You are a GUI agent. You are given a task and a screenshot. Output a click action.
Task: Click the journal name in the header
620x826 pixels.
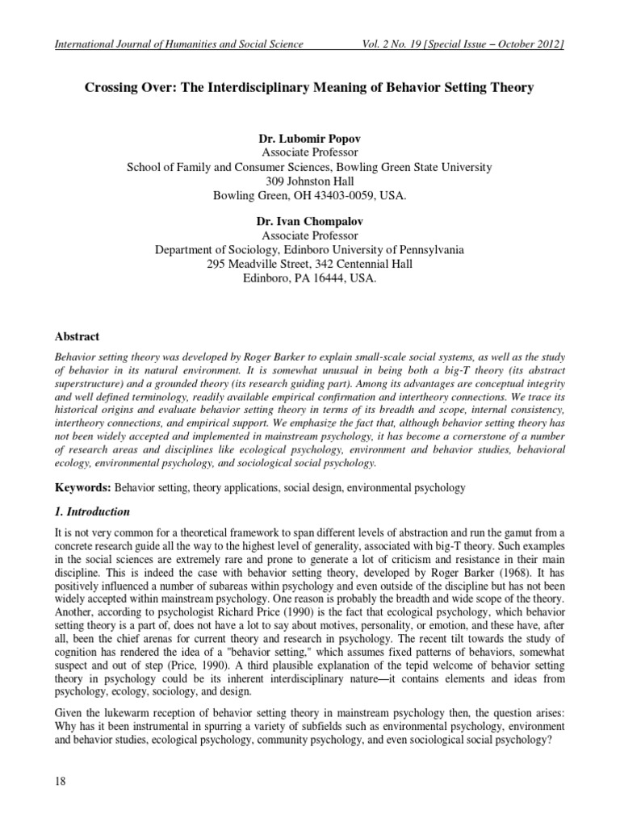click(178, 44)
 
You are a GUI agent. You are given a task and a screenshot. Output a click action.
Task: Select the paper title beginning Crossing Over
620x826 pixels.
click(309, 88)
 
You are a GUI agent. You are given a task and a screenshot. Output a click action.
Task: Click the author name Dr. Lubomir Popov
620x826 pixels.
click(309, 139)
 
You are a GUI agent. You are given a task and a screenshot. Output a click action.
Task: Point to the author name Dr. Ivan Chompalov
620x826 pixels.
click(309, 222)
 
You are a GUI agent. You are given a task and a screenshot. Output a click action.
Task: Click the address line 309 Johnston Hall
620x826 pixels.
click(309, 182)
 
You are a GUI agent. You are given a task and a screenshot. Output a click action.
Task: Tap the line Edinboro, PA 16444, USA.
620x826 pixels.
click(309, 279)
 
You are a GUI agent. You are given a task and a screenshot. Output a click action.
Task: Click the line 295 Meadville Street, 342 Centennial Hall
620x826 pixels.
click(309, 265)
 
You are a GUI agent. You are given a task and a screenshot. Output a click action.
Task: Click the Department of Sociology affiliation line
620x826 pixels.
click(309, 250)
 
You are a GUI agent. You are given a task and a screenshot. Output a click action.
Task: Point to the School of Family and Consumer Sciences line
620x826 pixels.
click(309, 168)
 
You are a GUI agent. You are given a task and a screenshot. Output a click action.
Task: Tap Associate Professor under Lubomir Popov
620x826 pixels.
click(309, 153)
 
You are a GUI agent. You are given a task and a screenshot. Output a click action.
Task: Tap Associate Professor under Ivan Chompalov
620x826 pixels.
click(309, 236)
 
